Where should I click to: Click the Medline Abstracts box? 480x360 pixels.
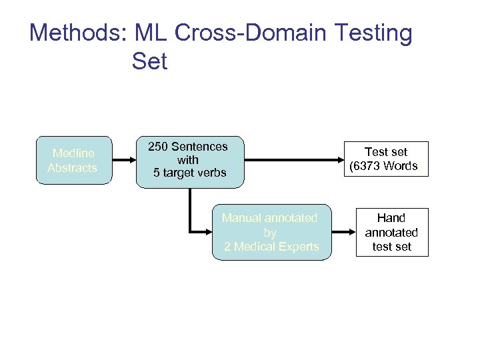[x=74, y=161]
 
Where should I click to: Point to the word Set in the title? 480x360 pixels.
[x=149, y=61]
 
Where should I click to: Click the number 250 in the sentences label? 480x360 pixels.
[x=158, y=147]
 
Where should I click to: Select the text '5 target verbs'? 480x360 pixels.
[x=190, y=173]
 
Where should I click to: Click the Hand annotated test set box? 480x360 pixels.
[x=391, y=232]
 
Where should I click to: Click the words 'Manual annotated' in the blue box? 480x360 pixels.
[x=269, y=218]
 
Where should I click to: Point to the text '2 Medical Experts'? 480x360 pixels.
[x=271, y=247]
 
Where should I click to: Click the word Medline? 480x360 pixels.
[x=73, y=154]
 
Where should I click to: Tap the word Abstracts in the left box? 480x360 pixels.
[x=73, y=168]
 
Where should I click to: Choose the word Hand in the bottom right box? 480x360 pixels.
[x=391, y=218]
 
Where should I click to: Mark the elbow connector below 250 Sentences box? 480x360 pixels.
[x=191, y=220]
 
